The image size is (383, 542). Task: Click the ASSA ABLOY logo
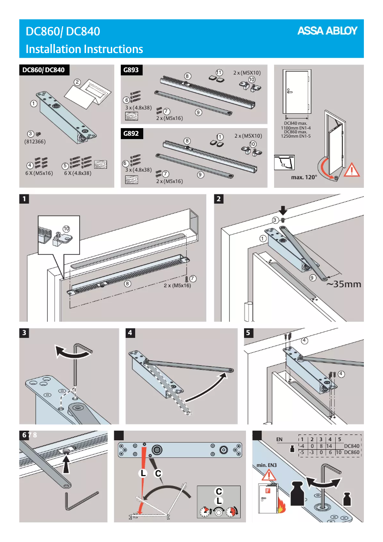pyautogui.click(x=328, y=31)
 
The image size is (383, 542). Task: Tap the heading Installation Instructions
pyautogui.click(x=84, y=49)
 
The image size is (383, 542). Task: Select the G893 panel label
pyautogui.click(x=131, y=70)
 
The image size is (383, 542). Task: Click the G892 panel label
pyautogui.click(x=131, y=133)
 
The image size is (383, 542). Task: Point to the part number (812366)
pyautogui.click(x=34, y=142)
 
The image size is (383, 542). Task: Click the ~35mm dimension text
pyautogui.click(x=344, y=284)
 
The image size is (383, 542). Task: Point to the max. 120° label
pyautogui.click(x=304, y=177)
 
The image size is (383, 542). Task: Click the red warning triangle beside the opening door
pyautogui.click(x=352, y=170)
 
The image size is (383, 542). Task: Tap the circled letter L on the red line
pyautogui.click(x=142, y=474)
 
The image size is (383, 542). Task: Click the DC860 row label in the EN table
pyautogui.click(x=351, y=452)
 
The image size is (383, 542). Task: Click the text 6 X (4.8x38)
pyautogui.click(x=77, y=173)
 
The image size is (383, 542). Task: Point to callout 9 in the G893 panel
pyautogui.click(x=198, y=112)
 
